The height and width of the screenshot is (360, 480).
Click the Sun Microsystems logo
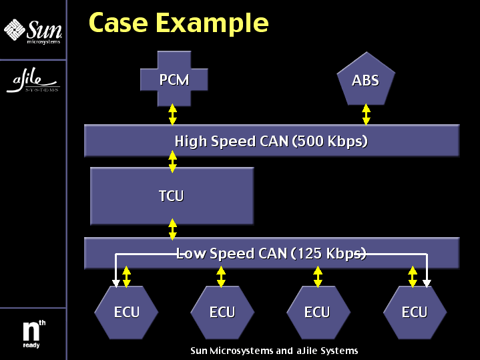click(x=33, y=31)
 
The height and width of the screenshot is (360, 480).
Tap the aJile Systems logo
click(x=33, y=81)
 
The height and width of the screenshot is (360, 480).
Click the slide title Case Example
click(x=178, y=23)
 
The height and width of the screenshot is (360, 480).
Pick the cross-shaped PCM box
click(x=174, y=80)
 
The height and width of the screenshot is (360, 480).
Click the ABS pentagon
click(x=365, y=81)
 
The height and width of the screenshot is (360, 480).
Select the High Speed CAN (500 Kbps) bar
click(x=271, y=141)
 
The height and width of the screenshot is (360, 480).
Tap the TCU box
click(x=172, y=196)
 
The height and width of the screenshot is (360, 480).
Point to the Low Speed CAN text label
click(x=271, y=254)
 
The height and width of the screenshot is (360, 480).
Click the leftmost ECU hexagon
click(x=126, y=312)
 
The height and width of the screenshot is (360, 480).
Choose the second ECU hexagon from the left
click(x=222, y=312)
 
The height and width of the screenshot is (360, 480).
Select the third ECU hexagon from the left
click(x=317, y=312)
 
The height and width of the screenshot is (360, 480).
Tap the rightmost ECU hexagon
click(x=414, y=312)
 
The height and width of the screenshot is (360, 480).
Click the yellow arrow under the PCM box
click(x=173, y=114)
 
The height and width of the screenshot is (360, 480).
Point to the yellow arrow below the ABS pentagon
click(x=366, y=114)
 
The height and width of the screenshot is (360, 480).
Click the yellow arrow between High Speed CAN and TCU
click(x=173, y=162)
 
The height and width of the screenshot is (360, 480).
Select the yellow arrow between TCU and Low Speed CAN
click(x=173, y=230)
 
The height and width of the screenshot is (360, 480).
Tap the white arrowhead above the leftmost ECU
click(x=116, y=283)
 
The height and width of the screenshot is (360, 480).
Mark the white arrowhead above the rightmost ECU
click(x=427, y=283)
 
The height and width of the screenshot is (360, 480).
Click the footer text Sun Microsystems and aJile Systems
click(x=274, y=351)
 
